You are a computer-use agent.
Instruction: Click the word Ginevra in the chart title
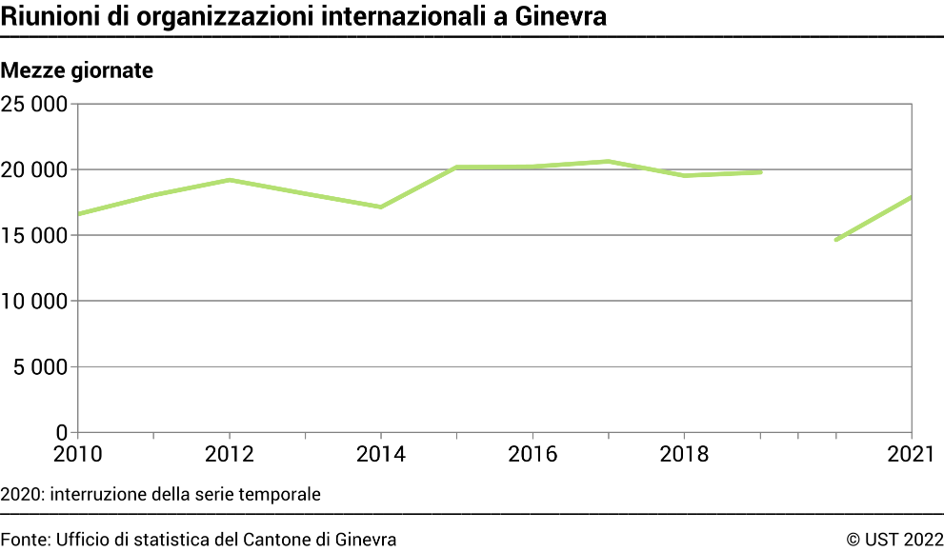[561, 16]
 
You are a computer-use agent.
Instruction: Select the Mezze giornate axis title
[77, 70]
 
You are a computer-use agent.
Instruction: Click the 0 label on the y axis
[61, 432]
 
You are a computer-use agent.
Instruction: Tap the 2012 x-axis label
[230, 455]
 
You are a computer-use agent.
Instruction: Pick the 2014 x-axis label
[381, 455]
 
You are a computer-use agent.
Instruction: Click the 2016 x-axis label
[532, 455]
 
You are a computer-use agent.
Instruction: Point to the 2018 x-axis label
[684, 455]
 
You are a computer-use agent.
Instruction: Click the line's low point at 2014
[381, 207]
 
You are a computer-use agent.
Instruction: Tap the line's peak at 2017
[609, 161]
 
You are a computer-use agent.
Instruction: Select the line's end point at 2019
[760, 172]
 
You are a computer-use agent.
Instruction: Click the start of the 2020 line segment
[836, 240]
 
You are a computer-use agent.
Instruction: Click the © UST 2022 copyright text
[894, 540]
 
